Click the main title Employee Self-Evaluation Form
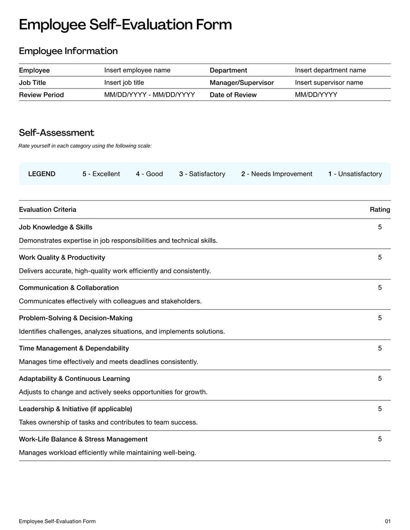125,25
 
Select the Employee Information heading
68,51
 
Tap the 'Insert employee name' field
137,70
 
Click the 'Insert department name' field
331,70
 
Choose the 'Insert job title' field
124,82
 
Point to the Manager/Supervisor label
242,82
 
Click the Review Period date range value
150,95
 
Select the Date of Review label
233,95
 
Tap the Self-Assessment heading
56,133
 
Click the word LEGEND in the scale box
42,174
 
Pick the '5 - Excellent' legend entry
101,174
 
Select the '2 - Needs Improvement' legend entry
277,174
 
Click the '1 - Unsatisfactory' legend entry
355,174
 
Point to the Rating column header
380,209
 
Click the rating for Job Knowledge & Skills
380,227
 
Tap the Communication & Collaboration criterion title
69,288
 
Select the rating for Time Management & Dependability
380,348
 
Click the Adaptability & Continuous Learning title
74,378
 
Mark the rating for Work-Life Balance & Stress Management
380,439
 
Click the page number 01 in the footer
387,521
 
